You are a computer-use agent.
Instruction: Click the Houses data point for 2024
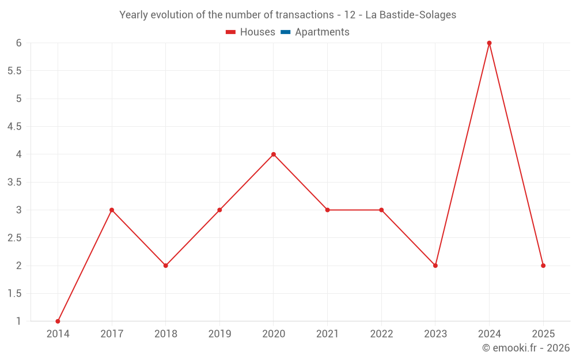click(489, 43)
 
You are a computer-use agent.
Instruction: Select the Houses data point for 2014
click(58, 321)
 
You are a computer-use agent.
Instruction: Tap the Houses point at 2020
click(274, 154)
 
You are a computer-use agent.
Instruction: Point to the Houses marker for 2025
click(543, 266)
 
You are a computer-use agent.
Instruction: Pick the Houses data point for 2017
click(112, 210)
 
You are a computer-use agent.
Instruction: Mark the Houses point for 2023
click(435, 266)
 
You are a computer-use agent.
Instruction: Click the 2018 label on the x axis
click(165, 334)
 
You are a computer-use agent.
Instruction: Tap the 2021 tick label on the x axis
click(327, 334)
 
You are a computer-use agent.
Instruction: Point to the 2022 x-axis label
click(381, 334)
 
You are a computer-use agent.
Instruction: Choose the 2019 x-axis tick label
click(219, 334)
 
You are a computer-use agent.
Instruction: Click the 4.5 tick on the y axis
click(14, 127)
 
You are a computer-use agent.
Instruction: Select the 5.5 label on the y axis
click(14, 71)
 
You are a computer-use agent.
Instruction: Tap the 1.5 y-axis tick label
click(14, 294)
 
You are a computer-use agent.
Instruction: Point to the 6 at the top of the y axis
click(19, 43)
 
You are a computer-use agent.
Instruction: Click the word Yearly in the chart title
click(134, 15)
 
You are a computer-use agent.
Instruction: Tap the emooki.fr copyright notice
click(525, 348)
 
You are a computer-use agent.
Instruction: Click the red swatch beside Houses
click(230, 32)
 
